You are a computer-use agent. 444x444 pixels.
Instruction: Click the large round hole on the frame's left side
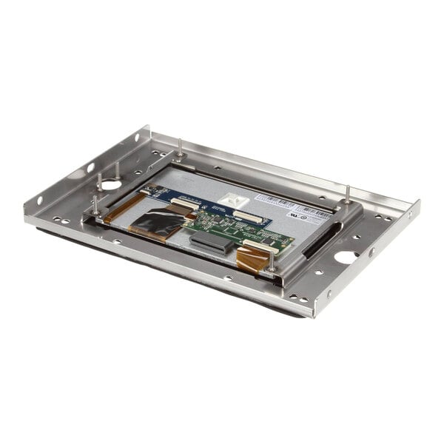point(111,184)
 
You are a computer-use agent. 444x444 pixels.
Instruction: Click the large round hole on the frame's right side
point(346,258)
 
